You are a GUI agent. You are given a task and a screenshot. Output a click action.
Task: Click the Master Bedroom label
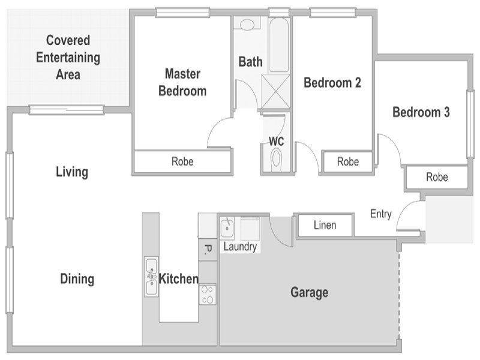coord(182,82)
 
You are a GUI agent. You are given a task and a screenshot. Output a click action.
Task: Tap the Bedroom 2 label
coord(332,83)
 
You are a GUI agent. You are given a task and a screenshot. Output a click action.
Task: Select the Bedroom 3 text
coord(421,112)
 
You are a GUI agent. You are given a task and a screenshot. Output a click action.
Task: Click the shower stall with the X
coord(275,91)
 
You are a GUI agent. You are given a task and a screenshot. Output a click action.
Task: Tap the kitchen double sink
coord(152,277)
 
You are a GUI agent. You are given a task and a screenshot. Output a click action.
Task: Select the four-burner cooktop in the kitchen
coord(208,295)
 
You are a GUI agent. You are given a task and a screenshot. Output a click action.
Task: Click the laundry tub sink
coord(227,228)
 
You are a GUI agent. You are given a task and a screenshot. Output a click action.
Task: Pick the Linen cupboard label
coord(325,226)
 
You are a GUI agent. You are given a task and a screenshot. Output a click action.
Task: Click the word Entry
coord(381,214)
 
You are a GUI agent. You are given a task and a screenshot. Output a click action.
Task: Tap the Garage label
coord(309,292)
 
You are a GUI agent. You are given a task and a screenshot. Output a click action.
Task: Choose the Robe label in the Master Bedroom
coord(182,161)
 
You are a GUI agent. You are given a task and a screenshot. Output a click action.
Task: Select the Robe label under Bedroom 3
coord(437,177)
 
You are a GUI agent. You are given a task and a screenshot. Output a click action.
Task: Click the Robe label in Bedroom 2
coord(348,161)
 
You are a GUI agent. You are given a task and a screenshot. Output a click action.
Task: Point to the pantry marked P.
coord(208,250)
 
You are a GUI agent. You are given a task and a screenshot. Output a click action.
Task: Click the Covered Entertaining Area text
coord(68,57)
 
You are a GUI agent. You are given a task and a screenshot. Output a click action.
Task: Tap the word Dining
coord(77,279)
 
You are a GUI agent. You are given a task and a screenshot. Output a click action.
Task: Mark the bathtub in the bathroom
coord(278,45)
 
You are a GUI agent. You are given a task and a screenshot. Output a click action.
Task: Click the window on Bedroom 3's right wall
coord(470,124)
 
